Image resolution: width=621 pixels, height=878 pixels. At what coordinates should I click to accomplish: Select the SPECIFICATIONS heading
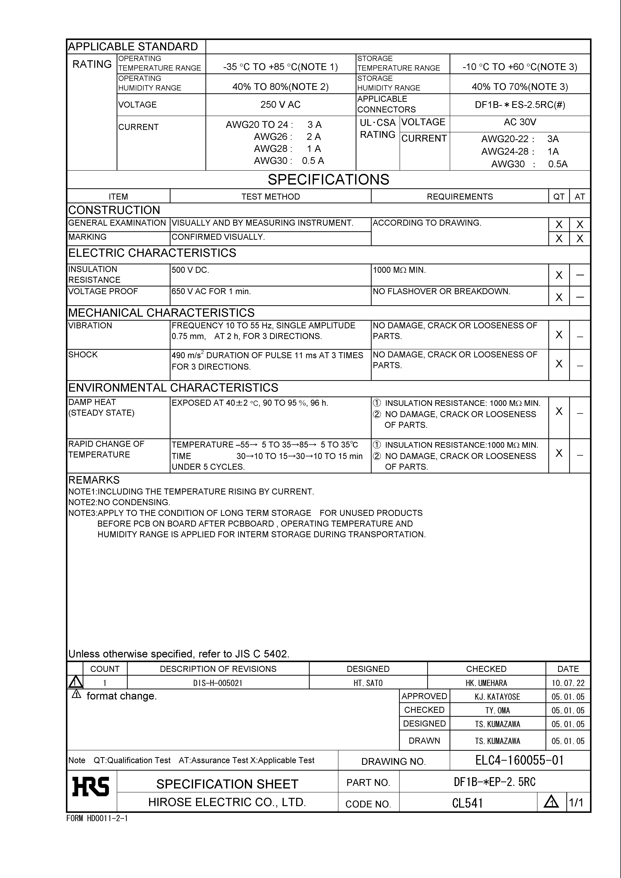328,179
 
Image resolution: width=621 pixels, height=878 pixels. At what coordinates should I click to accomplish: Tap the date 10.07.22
568,683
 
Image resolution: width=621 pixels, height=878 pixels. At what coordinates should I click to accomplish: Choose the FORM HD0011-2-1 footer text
97,818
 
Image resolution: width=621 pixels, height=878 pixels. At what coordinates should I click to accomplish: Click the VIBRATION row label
90,326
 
